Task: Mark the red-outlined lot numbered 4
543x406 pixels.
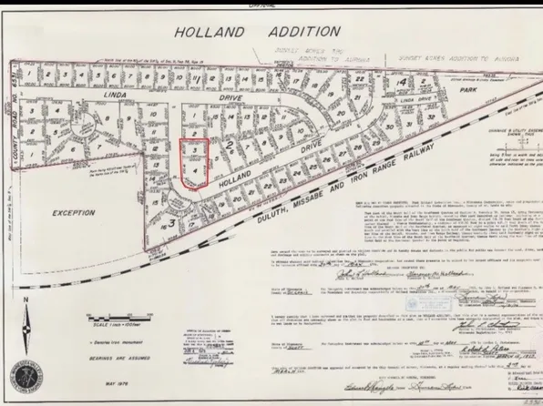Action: [x=193, y=171]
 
